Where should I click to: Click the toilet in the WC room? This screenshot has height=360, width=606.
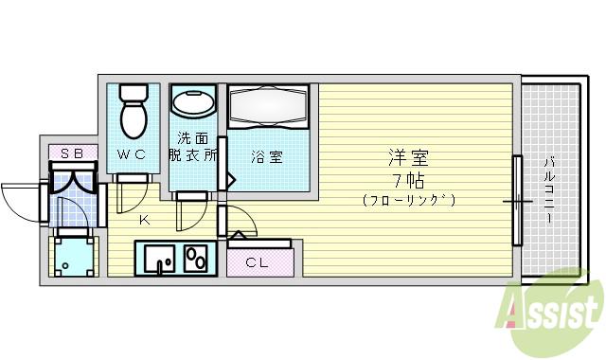pos(134,111)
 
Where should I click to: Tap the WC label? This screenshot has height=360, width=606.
pos(132,155)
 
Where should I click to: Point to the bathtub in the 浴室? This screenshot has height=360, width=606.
pos(270,103)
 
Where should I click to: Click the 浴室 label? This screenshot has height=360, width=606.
pos(266,157)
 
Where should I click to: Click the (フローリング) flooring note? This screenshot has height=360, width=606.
pos(408,201)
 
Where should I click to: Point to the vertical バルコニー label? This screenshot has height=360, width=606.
pos(549,190)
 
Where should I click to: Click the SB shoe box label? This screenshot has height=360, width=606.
pos(72,153)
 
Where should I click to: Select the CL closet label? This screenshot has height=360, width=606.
pos(257,261)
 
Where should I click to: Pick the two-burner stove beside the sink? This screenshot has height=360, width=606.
pos(197,257)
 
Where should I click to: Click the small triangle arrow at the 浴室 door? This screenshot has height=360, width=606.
pos(230,178)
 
